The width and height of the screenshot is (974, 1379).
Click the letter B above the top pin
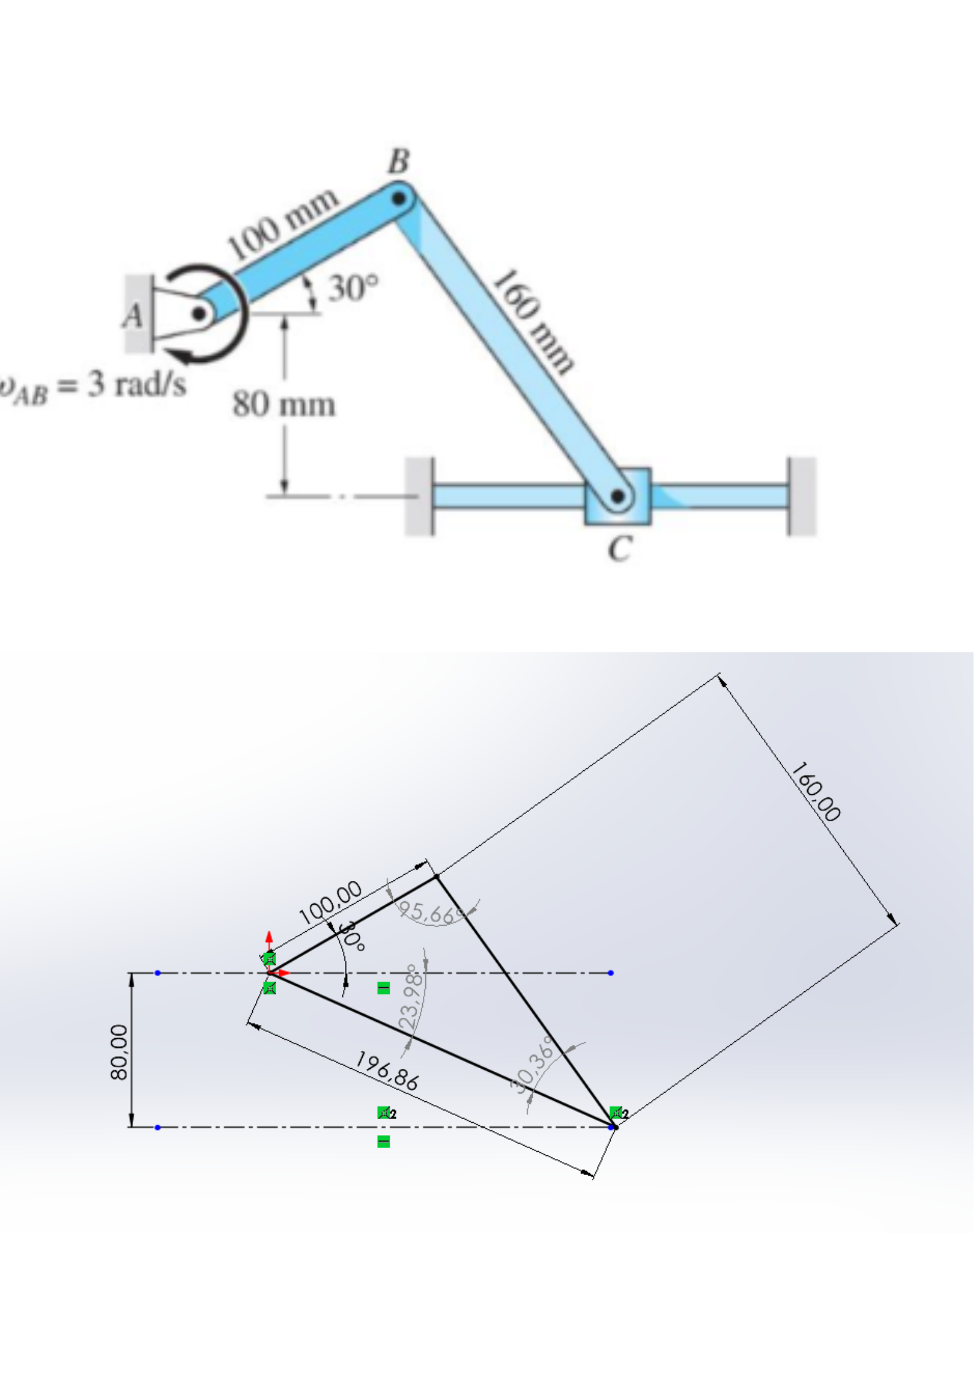(x=398, y=162)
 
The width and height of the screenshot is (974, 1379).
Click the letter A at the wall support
(x=133, y=316)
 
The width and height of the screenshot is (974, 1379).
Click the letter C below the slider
(x=619, y=549)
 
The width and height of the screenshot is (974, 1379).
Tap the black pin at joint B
(x=399, y=198)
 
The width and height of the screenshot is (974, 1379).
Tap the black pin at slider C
(x=617, y=496)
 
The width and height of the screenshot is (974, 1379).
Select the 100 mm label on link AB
(x=283, y=224)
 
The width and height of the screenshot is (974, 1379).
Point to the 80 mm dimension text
(x=284, y=405)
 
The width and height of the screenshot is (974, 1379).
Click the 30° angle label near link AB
(x=353, y=288)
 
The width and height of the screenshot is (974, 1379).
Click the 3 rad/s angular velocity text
(x=136, y=385)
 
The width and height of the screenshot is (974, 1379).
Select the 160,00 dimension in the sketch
(x=816, y=792)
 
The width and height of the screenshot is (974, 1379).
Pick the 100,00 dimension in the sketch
(x=330, y=902)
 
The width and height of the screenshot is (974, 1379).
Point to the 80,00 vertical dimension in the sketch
(x=119, y=1052)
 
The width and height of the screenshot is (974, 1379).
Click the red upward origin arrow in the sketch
(x=269, y=939)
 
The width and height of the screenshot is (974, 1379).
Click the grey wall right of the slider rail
(x=802, y=496)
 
